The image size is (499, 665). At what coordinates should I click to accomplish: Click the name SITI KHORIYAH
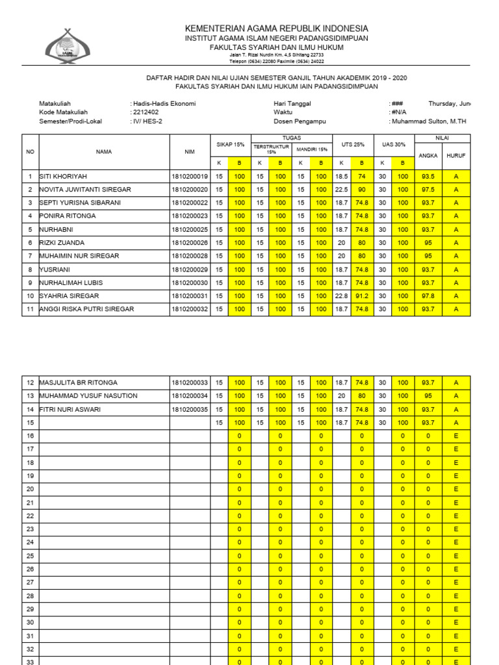click(x=63, y=176)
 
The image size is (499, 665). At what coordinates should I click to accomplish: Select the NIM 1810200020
click(x=190, y=190)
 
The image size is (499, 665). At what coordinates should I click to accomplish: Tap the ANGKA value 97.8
click(x=428, y=296)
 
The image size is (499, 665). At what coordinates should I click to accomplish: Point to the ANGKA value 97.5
click(x=428, y=190)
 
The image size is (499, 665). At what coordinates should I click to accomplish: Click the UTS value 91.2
click(x=362, y=296)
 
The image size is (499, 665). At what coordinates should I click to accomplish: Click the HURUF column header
click(x=456, y=156)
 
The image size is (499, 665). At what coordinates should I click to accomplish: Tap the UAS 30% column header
click(x=393, y=144)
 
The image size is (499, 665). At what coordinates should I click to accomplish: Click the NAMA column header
click(x=104, y=152)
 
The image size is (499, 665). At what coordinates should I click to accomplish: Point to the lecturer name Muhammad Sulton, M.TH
click(x=429, y=121)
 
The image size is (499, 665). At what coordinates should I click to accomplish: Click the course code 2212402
click(x=146, y=112)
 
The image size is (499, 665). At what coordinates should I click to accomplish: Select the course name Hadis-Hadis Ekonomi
click(x=164, y=103)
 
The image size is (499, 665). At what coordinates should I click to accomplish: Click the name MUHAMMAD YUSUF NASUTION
click(x=88, y=396)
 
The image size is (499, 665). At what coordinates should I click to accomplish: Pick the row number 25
click(x=30, y=556)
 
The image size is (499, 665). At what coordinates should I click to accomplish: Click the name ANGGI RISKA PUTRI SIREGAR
click(x=87, y=309)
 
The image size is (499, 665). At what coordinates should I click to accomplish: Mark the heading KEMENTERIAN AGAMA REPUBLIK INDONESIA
click(x=277, y=29)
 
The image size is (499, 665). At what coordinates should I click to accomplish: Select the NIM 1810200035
click(x=190, y=410)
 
